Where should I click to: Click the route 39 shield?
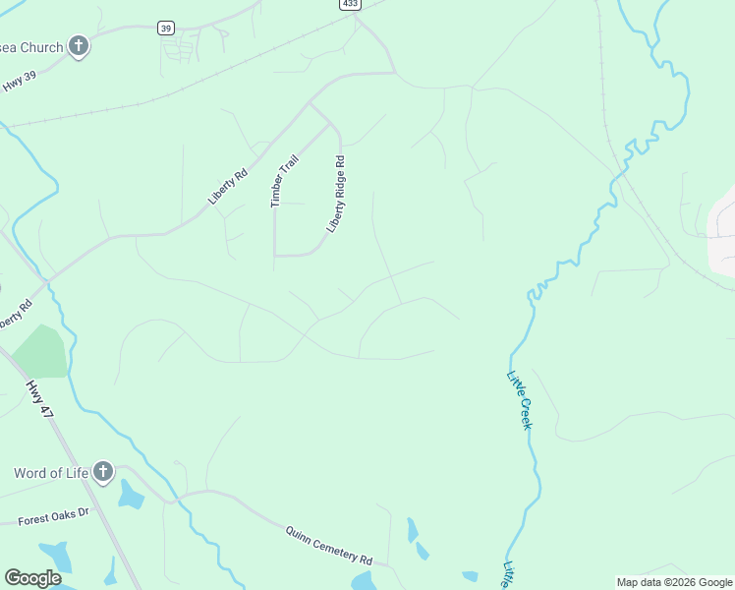(166, 29)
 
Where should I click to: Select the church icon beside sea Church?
(79, 46)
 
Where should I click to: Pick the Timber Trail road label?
(283, 178)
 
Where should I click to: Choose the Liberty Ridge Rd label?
(337, 193)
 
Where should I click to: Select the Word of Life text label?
(50, 472)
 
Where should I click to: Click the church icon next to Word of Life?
(102, 472)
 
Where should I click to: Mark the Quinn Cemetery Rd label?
(329, 544)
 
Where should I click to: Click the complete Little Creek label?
(519, 398)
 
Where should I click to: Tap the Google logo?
(33, 578)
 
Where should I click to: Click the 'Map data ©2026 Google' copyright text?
(674, 582)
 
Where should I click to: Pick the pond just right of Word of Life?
(130, 495)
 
